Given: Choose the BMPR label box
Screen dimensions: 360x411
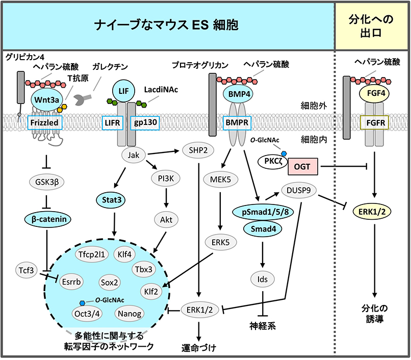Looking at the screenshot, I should click(238, 122).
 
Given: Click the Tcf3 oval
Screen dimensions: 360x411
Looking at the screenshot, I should click(24, 271).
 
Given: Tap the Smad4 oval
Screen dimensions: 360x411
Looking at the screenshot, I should click(262, 229).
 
